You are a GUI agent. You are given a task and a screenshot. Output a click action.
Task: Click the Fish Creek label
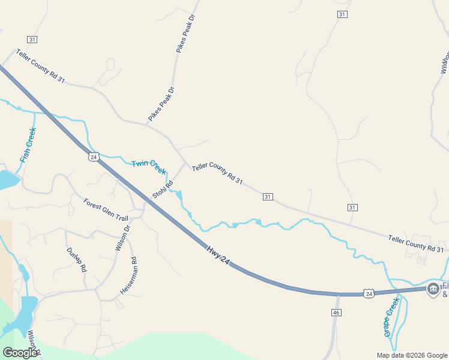click(28, 145)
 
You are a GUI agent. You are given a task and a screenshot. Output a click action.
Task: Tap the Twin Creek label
click(148, 166)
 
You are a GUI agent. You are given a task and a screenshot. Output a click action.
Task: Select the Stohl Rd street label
click(163, 190)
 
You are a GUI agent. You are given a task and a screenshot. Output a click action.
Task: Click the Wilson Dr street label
click(122, 238)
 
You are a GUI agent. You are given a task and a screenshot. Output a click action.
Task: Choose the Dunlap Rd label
click(76, 260)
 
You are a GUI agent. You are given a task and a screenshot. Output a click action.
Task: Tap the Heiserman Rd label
click(129, 275)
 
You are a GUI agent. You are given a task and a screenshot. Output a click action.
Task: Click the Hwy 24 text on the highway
click(218, 255)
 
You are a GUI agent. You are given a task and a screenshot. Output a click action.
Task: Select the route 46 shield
click(336, 313)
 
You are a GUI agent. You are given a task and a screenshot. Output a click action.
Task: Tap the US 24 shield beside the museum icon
click(369, 293)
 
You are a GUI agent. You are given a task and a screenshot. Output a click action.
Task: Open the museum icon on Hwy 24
click(432, 289)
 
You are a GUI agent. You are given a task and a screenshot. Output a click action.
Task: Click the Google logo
click(20, 352)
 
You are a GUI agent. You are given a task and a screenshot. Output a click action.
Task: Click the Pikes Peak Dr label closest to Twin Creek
click(161, 104)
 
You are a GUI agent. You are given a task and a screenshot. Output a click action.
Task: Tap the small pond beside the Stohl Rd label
click(179, 196)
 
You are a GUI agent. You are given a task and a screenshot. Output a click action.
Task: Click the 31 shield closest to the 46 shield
click(352, 207)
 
